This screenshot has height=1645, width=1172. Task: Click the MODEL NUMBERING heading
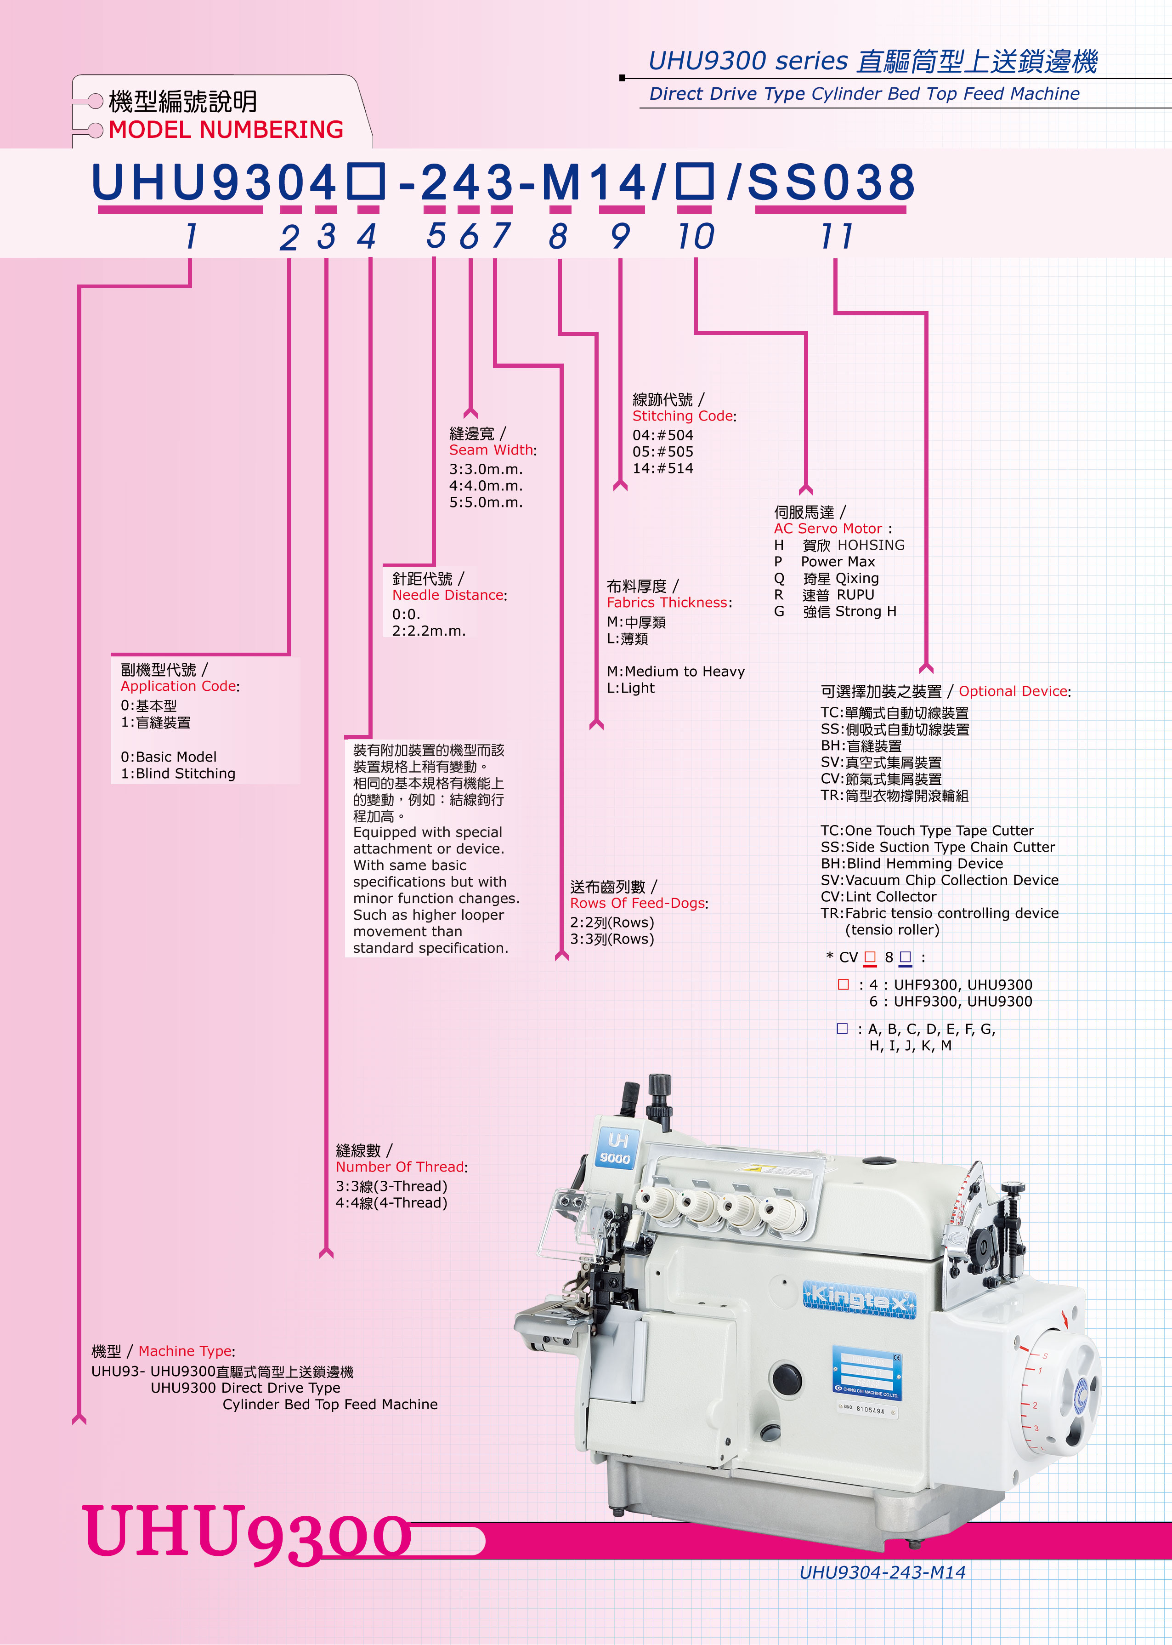pyautogui.click(x=226, y=130)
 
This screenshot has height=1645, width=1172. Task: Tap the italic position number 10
pyautogui.click(x=696, y=236)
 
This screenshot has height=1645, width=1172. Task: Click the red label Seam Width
pyautogui.click(x=491, y=450)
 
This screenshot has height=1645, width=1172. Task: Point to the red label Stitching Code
pyautogui.click(x=682, y=416)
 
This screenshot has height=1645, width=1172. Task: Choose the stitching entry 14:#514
pyautogui.click(x=662, y=468)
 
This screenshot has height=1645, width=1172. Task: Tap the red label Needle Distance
pyautogui.click(x=447, y=595)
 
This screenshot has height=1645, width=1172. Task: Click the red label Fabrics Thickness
pyautogui.click(x=667, y=602)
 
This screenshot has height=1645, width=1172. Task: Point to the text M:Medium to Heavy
pyautogui.click(x=675, y=671)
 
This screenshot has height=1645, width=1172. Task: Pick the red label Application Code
pyautogui.click(x=178, y=686)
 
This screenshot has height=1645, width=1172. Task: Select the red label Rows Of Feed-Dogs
pyautogui.click(x=637, y=903)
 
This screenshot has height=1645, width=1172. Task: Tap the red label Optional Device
pyautogui.click(x=1013, y=691)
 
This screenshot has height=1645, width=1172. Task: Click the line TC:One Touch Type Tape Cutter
pyautogui.click(x=927, y=830)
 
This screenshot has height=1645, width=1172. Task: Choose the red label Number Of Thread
pyautogui.click(x=400, y=1167)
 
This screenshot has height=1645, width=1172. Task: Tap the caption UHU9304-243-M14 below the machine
pyautogui.click(x=882, y=1573)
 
